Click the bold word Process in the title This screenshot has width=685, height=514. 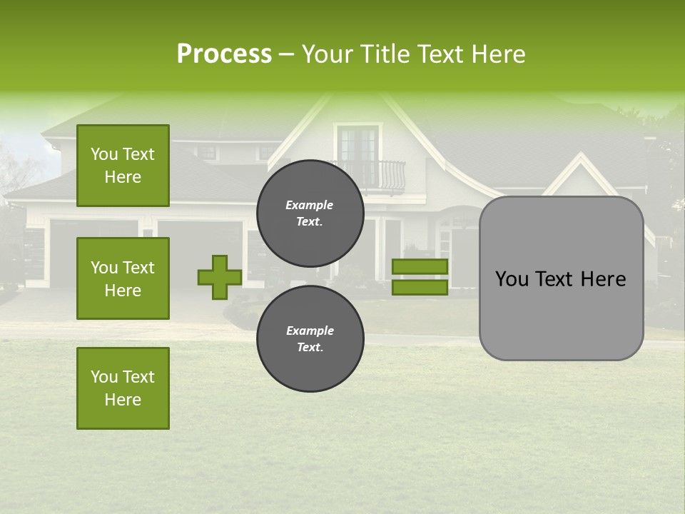[x=224, y=54]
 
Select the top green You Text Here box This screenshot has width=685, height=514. [x=123, y=166]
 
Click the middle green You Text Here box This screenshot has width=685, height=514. [x=123, y=278]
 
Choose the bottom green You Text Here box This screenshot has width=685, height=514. [x=123, y=388]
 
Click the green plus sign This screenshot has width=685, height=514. [x=219, y=277]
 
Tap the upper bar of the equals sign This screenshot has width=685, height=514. [x=420, y=266]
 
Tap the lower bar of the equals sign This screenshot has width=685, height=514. [x=420, y=288]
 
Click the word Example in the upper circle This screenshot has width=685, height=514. [x=310, y=205]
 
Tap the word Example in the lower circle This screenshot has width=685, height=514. [x=310, y=331]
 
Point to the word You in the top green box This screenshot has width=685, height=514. [x=103, y=154]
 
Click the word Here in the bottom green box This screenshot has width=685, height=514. [x=123, y=400]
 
